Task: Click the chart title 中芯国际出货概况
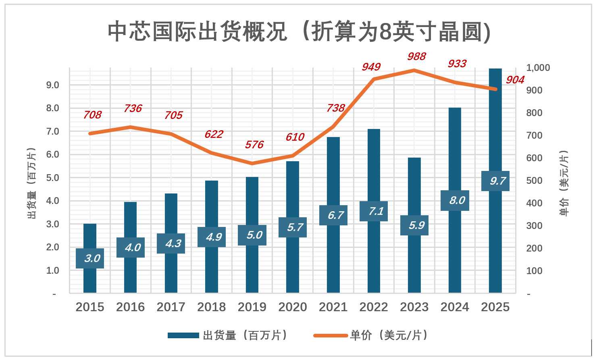point(299,31)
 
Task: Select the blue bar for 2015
point(90,278)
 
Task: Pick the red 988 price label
point(416,56)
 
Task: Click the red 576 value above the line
point(254,145)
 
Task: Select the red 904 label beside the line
point(515,80)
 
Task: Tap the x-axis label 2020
point(293,307)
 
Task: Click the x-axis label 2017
point(171,307)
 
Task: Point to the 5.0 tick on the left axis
point(52,178)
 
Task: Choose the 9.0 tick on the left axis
point(52,85)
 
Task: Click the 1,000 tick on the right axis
point(538,68)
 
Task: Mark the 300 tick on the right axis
point(534,226)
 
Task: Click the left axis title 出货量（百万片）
point(31,183)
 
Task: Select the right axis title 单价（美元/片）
point(564,183)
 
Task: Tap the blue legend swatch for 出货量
point(183,335)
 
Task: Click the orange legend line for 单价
point(330,335)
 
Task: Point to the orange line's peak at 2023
point(414,70)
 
